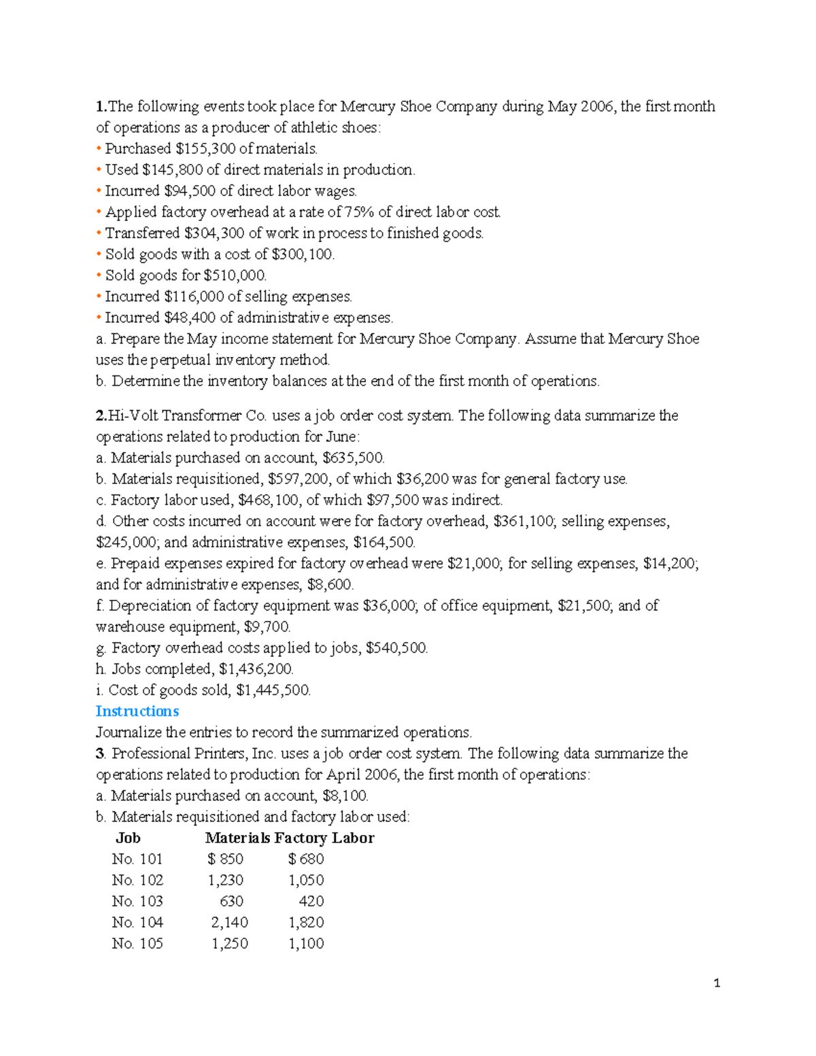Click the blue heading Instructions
(137, 711)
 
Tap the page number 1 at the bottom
(717, 983)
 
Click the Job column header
(128, 838)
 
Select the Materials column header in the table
(237, 838)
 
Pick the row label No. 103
(137, 901)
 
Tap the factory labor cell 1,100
(306, 943)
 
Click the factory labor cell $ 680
(306, 859)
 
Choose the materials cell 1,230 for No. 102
(226, 880)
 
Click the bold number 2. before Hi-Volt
(101, 415)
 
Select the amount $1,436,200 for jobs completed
(256, 669)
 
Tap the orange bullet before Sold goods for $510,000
(99, 275)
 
